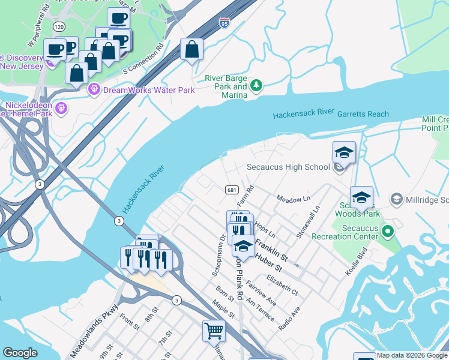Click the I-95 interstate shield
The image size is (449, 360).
point(224,23)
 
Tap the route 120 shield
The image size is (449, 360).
point(59,27)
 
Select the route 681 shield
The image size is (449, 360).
point(231,190)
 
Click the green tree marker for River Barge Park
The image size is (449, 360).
point(256,85)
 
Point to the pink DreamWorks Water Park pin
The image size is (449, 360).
point(94,90)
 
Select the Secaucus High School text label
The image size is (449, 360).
point(289,167)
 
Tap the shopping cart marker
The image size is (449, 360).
point(214,329)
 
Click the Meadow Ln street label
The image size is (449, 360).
point(293,199)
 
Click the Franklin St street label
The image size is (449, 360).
point(272,251)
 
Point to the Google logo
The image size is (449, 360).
point(20,353)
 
